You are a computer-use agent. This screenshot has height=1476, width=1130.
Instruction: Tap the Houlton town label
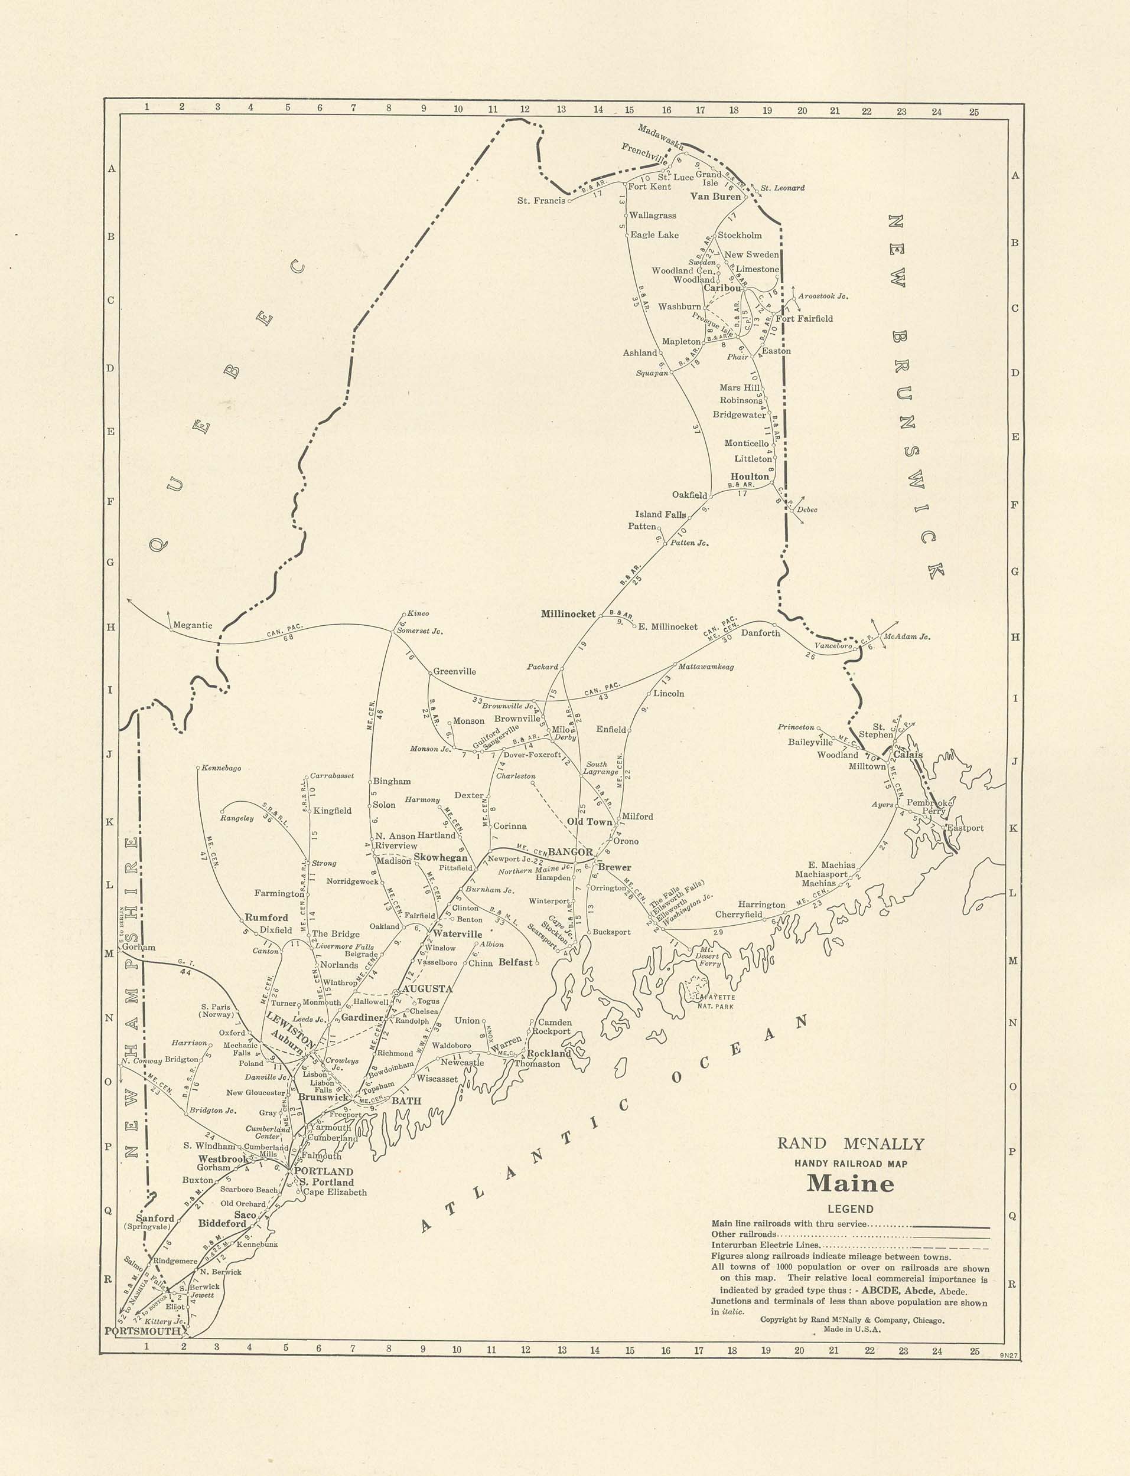click(x=750, y=476)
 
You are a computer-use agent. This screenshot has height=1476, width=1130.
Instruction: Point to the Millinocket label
click(x=568, y=613)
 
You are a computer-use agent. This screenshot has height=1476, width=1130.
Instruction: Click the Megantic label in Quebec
click(x=193, y=625)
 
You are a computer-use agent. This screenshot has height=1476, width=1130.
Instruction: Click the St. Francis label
click(x=542, y=200)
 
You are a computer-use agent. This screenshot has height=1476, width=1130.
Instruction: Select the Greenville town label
click(x=454, y=671)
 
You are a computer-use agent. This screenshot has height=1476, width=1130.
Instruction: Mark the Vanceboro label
click(x=833, y=645)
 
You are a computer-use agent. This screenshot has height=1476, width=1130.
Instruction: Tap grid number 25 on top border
click(x=974, y=112)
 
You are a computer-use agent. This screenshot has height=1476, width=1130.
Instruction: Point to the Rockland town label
click(x=548, y=1053)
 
